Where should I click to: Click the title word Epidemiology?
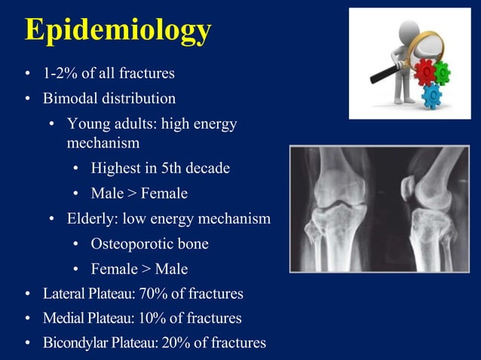[118, 30]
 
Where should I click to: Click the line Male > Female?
[139, 194]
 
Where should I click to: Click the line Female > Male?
[139, 269]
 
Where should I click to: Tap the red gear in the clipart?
[424, 72]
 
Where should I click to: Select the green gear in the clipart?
[442, 73]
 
